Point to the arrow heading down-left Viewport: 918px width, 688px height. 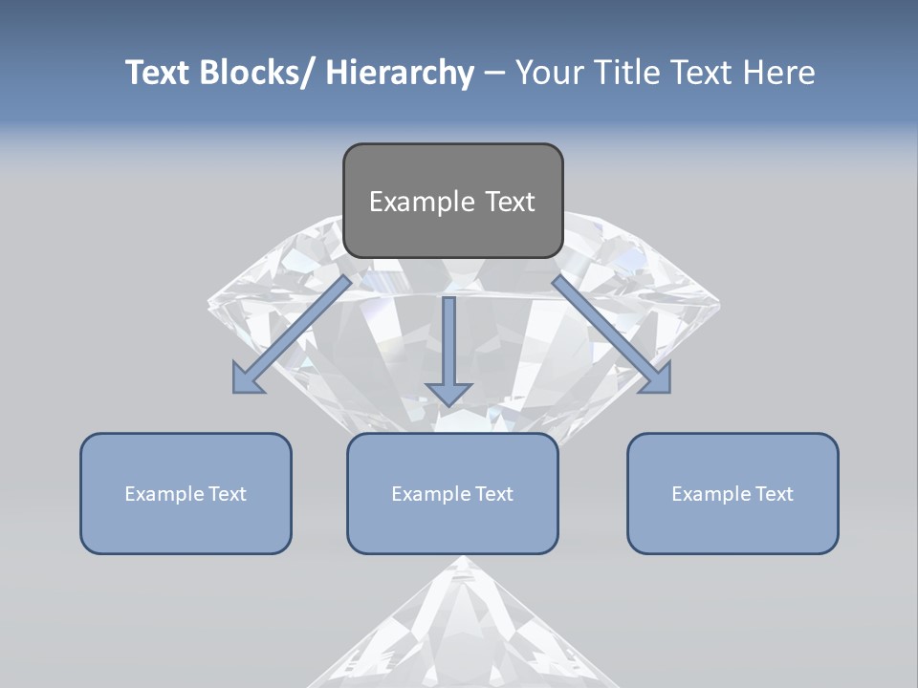pos(292,334)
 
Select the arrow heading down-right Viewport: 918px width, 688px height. pos(612,334)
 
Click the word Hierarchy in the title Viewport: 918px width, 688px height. pos(400,73)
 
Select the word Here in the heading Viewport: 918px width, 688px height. pos(778,73)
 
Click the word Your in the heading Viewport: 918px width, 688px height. pos(549,73)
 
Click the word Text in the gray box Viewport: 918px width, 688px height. pos(510,202)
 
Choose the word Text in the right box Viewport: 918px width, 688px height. pos(774,494)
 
